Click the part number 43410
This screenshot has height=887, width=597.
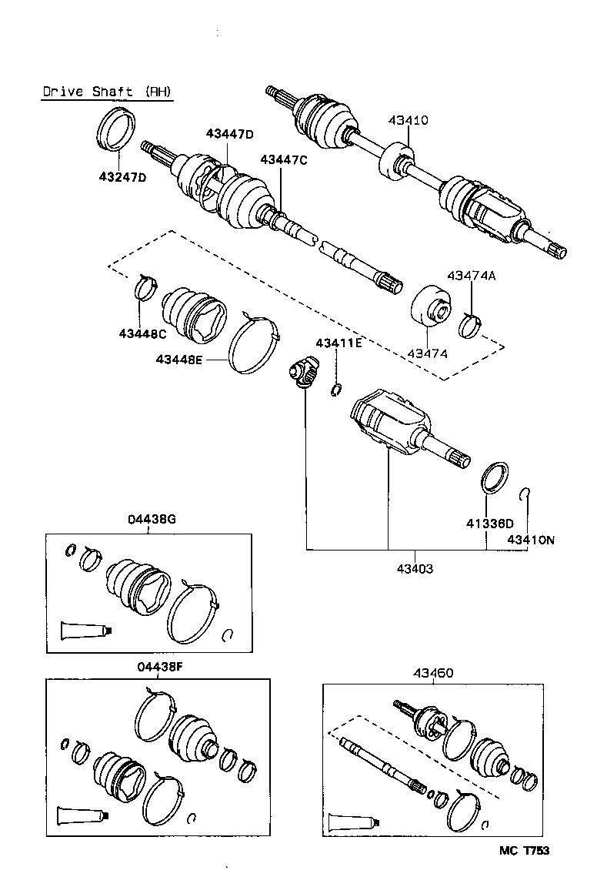(x=408, y=120)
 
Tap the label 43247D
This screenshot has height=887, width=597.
(x=122, y=178)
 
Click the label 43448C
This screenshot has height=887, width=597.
(x=142, y=333)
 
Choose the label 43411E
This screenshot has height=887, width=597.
(x=338, y=343)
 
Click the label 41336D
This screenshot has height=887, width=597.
(x=489, y=524)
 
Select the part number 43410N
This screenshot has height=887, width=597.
(x=531, y=540)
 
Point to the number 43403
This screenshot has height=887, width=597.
(x=415, y=569)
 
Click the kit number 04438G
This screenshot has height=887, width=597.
(x=152, y=519)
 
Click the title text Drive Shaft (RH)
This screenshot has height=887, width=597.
(x=107, y=92)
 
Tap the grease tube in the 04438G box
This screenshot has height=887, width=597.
(x=87, y=631)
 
